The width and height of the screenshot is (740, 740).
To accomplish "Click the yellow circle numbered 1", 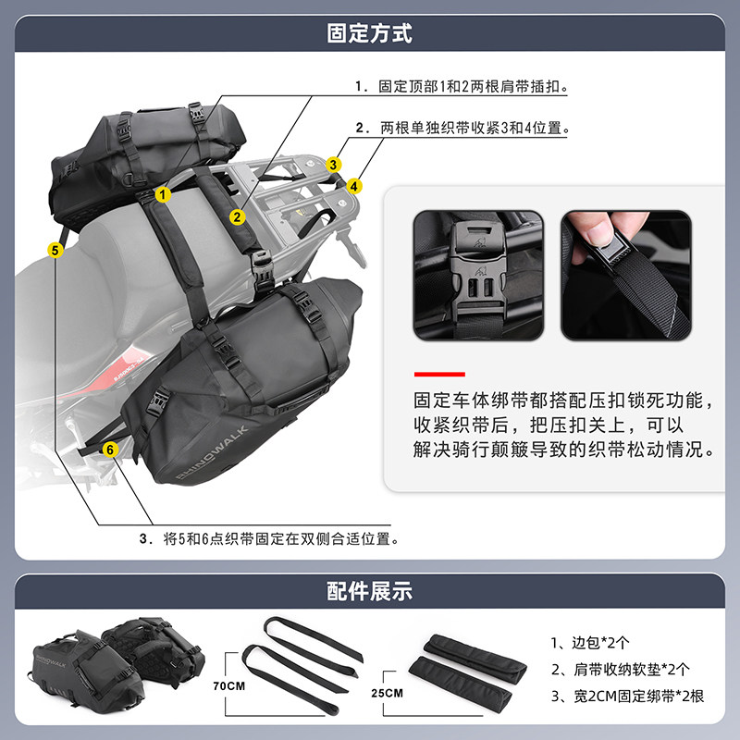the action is (x=163, y=194).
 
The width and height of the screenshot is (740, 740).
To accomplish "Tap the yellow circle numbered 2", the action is (x=238, y=217).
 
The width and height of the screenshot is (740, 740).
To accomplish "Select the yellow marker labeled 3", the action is (x=333, y=165).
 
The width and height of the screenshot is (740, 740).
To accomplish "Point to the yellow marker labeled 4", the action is (x=354, y=186).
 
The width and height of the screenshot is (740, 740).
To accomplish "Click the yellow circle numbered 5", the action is (x=55, y=250).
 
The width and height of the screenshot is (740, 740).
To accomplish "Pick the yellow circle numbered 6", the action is (x=110, y=450).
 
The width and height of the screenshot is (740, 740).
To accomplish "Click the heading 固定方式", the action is (x=369, y=33).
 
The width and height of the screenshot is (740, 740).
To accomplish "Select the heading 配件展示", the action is (x=369, y=591).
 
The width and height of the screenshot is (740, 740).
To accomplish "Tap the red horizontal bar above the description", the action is (x=439, y=375).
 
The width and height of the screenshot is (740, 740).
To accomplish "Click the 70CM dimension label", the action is (x=228, y=685).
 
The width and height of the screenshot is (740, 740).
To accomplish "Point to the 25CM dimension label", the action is (x=387, y=693).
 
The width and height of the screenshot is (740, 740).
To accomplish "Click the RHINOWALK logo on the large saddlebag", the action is (x=212, y=453).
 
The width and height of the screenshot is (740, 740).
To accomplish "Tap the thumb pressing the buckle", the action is (x=599, y=231).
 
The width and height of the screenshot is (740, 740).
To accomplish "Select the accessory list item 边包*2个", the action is (x=590, y=642).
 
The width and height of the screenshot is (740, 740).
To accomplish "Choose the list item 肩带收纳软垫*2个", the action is (x=620, y=669).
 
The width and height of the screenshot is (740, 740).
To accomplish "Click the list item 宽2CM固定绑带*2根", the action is (x=627, y=697).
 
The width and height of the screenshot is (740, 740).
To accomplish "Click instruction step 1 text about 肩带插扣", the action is (x=462, y=86).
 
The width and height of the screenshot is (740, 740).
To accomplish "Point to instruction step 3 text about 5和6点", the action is (x=269, y=538).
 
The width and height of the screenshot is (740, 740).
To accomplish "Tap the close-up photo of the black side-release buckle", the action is (x=478, y=275).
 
